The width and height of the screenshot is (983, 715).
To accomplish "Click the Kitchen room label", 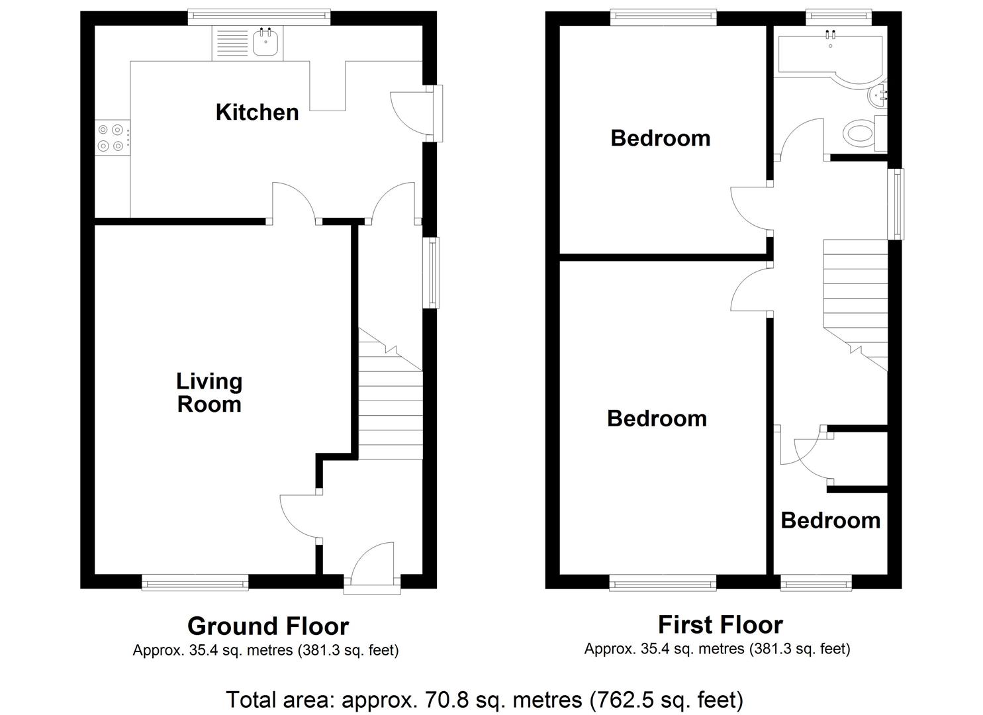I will tap(257, 112).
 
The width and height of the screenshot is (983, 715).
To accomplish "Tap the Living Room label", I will tap(209, 393).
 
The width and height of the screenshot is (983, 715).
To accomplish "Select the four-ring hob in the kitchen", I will tap(111, 138).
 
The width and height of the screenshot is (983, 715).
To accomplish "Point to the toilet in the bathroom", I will tap(860, 134).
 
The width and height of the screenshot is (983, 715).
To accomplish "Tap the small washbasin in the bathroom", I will tap(876, 98).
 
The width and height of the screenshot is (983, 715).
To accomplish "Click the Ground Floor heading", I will tap(267, 626).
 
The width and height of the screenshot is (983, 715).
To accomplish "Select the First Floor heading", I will tap(720, 624).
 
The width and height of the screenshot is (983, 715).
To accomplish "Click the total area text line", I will tap(485, 699).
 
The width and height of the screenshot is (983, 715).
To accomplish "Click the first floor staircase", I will tap(855, 298).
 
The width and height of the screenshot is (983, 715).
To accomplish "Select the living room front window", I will tap(195, 583).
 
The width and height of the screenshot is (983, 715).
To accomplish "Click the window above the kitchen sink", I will tap(258, 17).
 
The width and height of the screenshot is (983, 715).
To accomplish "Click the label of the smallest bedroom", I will tap(830, 520).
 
